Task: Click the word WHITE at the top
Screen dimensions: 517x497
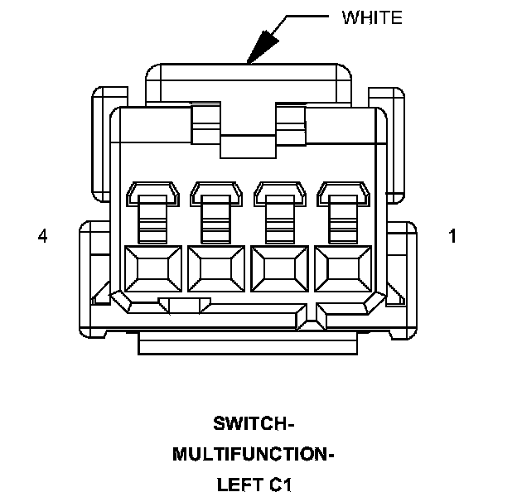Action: pyautogui.click(x=372, y=17)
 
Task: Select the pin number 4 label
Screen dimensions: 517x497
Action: pyautogui.click(x=42, y=236)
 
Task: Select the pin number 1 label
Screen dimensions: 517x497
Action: pyautogui.click(x=452, y=236)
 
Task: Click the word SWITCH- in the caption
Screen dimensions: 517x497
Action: pyautogui.click(x=254, y=424)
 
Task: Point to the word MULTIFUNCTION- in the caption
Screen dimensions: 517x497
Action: pyautogui.click(x=254, y=454)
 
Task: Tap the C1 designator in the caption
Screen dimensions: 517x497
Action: pyautogui.click(x=281, y=484)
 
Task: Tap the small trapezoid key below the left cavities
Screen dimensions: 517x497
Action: pyautogui.click(x=185, y=306)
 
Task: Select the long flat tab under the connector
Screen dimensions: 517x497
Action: pyautogui.click(x=248, y=343)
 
